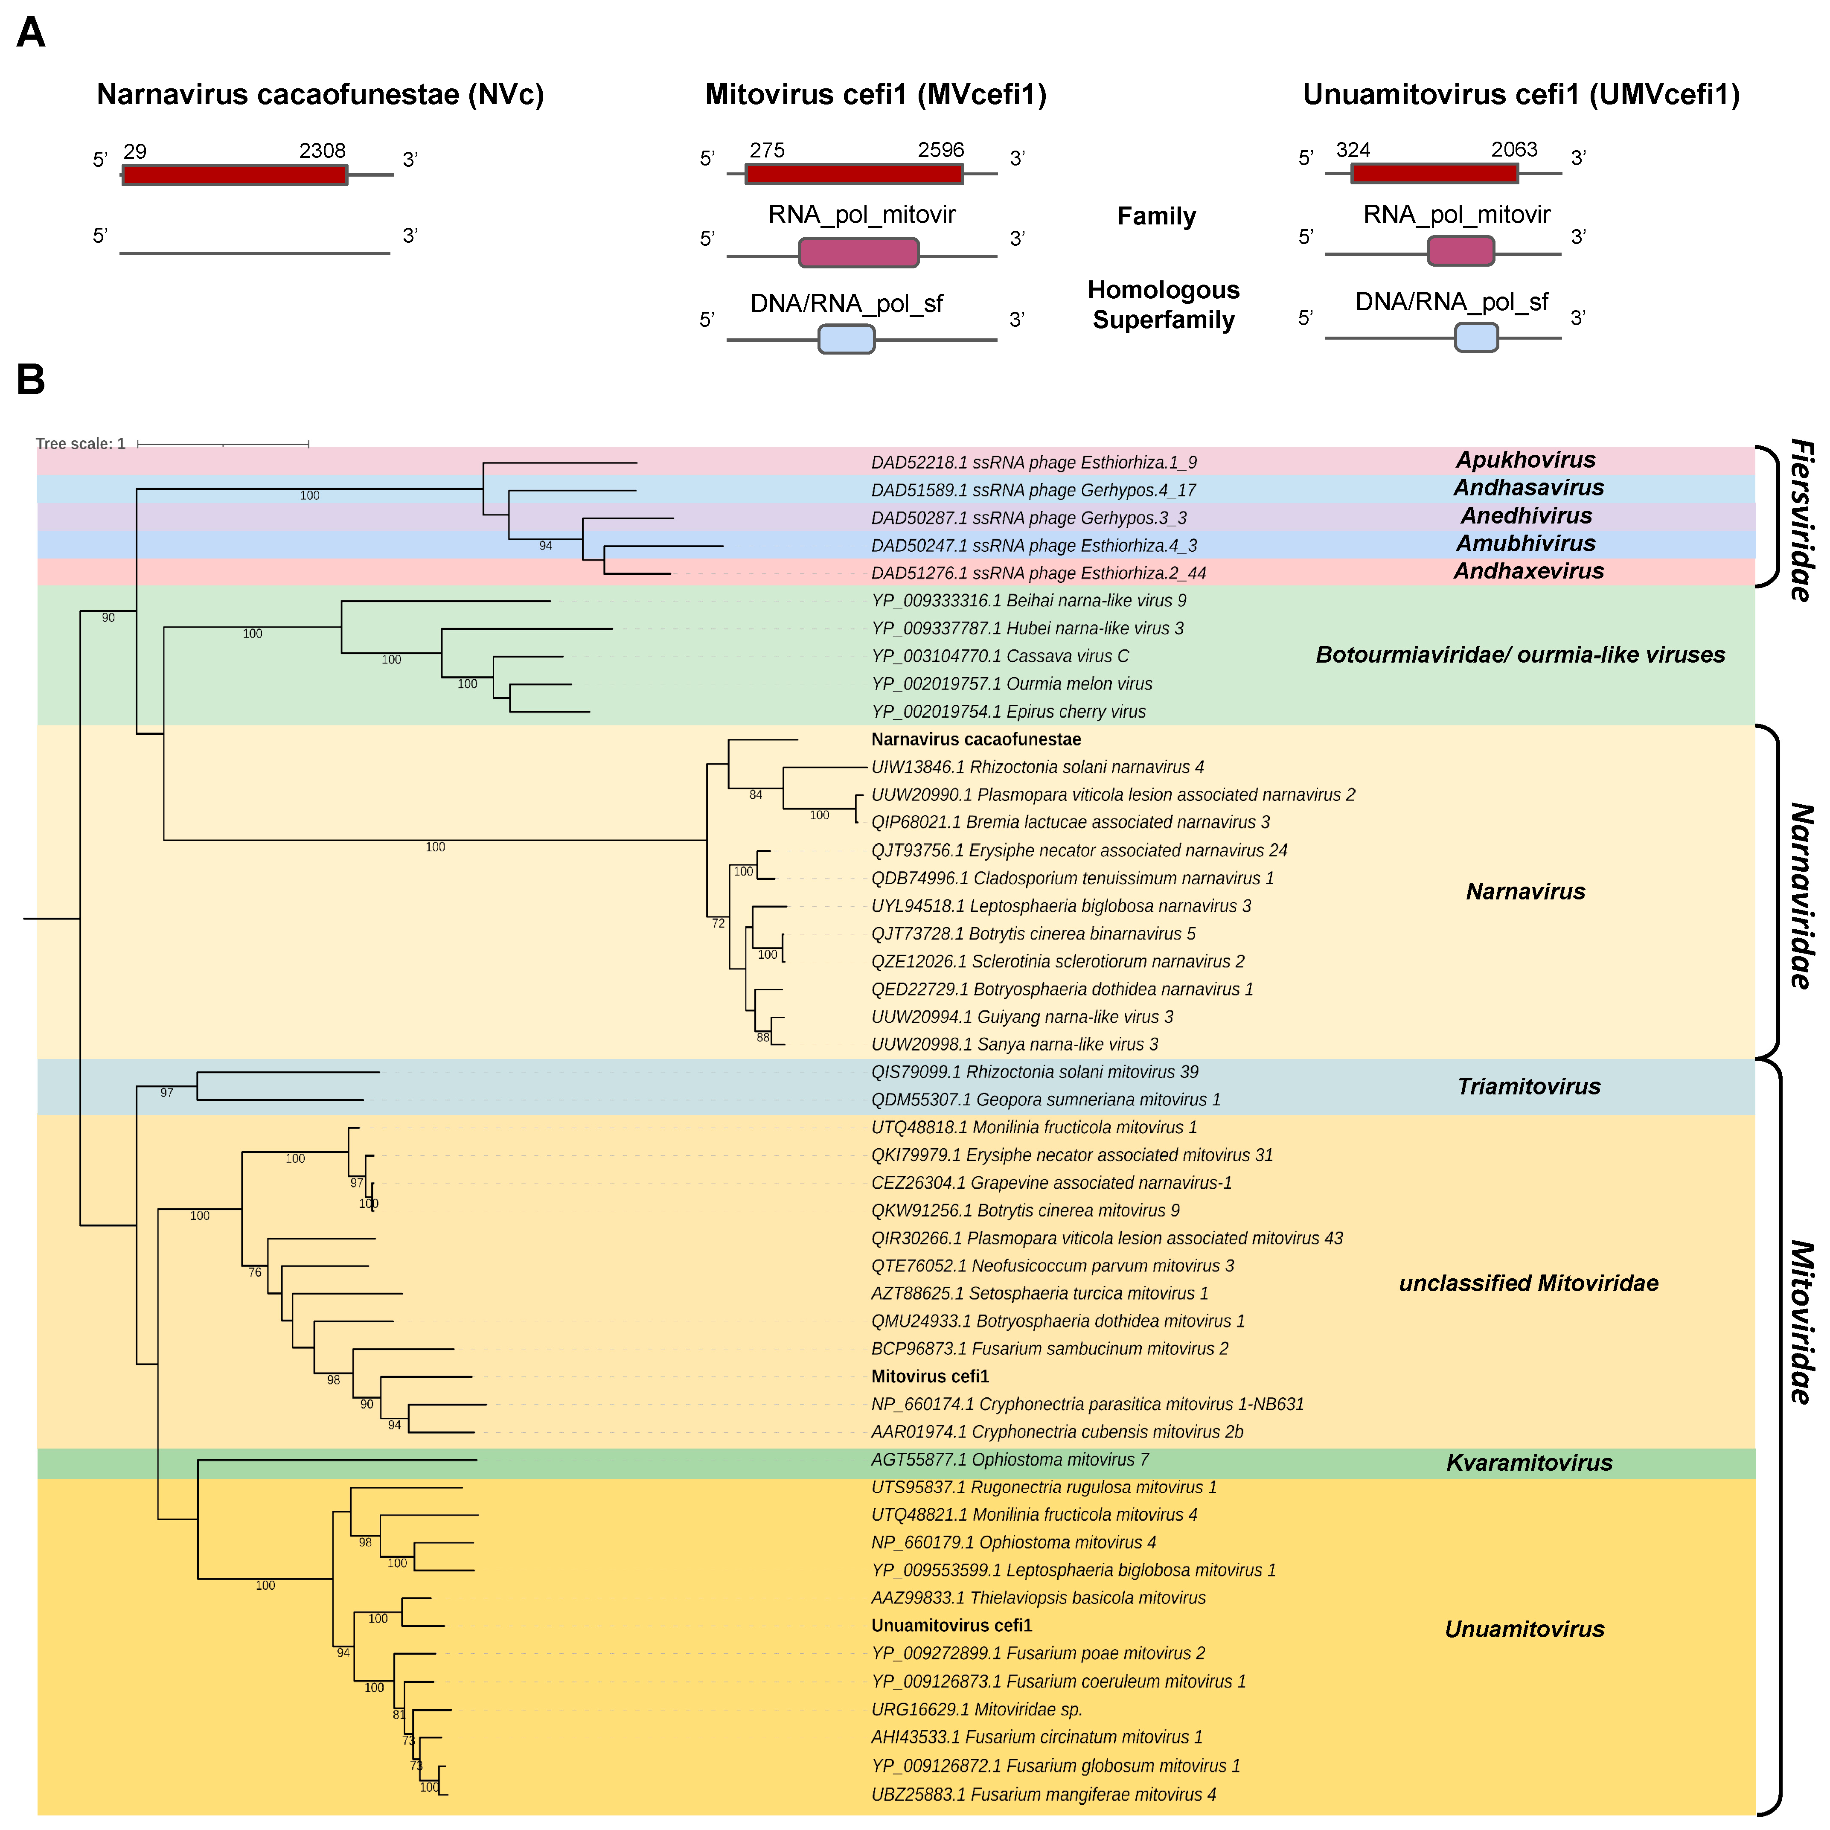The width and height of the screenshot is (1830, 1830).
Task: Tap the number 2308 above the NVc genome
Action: [x=322, y=151]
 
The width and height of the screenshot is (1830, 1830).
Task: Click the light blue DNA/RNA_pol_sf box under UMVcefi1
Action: [x=1476, y=337]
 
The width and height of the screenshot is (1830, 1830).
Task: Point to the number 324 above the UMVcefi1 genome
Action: [x=1353, y=150]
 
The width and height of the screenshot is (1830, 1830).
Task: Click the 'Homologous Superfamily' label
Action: [x=1163, y=305]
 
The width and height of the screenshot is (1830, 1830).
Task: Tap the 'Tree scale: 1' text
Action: [x=81, y=443]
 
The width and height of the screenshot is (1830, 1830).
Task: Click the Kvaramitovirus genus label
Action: [x=1529, y=1463]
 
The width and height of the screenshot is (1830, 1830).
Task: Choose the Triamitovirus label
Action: [x=1529, y=1086]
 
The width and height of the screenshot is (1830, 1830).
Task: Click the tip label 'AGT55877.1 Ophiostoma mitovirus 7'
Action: [x=1010, y=1460]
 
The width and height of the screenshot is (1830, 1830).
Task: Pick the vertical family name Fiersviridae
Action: [x=1800, y=519]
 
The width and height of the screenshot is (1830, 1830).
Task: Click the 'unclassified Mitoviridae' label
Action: [x=1528, y=1283]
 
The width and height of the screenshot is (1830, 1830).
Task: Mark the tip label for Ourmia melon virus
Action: [x=1012, y=684]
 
